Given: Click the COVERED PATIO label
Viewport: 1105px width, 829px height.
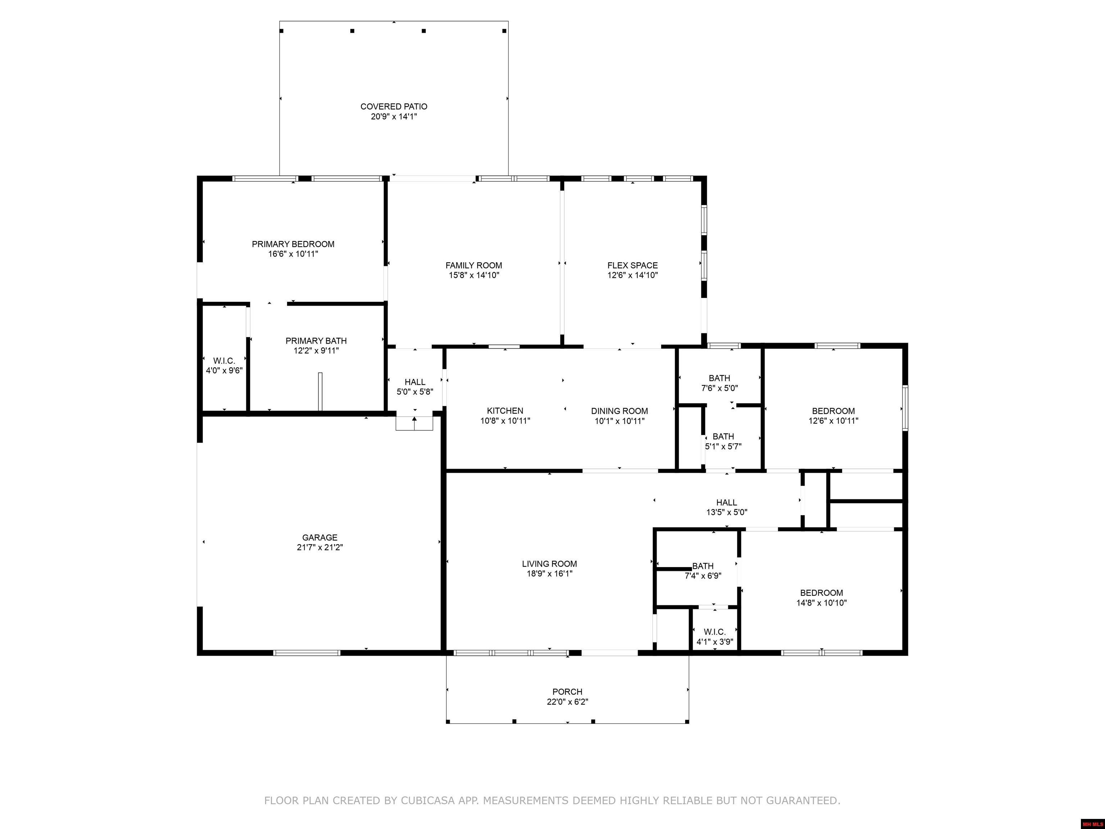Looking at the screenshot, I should click(x=394, y=107).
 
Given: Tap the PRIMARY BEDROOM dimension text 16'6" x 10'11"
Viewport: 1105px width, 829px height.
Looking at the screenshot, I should click(x=293, y=254).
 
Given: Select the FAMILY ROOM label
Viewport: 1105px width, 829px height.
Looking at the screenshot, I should click(x=474, y=265).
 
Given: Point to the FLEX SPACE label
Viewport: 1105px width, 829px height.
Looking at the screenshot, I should click(x=632, y=265).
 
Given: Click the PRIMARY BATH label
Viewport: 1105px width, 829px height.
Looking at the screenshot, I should click(x=316, y=341).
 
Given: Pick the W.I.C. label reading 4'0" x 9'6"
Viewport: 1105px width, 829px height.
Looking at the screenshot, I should click(x=224, y=361).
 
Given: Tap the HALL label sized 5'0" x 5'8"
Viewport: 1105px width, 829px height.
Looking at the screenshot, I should click(x=415, y=382).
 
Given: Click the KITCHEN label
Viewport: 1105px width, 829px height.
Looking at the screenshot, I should click(x=505, y=411).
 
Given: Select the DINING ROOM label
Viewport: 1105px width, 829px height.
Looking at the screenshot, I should click(x=619, y=411).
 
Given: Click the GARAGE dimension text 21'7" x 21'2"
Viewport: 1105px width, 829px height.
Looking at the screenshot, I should click(x=320, y=547).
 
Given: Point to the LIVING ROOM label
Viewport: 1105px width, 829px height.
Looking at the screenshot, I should click(x=550, y=564).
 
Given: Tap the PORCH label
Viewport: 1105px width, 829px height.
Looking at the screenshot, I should click(x=567, y=692).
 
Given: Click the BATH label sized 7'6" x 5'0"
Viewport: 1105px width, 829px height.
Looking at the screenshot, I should click(x=719, y=378).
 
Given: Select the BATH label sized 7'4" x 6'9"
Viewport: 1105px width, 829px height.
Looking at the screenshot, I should click(x=703, y=566).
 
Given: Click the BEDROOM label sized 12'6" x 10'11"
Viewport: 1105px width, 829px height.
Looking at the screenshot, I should click(x=833, y=411).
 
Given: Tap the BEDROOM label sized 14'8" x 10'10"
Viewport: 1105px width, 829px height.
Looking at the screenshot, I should click(x=821, y=593).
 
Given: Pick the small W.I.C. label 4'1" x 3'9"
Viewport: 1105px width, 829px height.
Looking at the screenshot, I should click(x=714, y=632).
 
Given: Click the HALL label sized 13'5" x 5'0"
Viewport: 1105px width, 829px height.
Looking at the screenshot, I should click(x=726, y=503).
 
